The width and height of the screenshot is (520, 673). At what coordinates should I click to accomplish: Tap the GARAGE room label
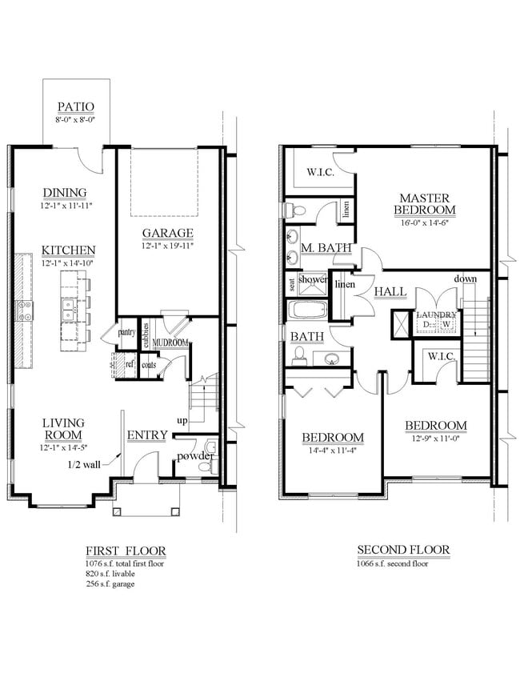(x=168, y=233)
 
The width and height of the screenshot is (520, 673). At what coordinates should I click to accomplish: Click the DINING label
(x=64, y=193)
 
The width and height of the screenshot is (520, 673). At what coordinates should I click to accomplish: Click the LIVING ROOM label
(x=64, y=429)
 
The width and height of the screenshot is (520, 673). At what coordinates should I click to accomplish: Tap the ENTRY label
(x=147, y=435)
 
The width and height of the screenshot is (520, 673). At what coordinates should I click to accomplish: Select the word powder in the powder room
(x=195, y=456)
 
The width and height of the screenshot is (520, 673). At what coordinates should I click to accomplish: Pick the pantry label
(x=126, y=331)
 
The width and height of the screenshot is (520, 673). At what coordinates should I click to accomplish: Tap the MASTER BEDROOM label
(x=424, y=204)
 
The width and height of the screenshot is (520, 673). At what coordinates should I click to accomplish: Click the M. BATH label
(x=326, y=249)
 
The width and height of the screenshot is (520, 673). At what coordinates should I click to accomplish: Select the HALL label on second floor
(x=390, y=292)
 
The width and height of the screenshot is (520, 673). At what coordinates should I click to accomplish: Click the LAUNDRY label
(x=436, y=315)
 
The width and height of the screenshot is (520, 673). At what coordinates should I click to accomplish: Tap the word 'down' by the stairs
(x=466, y=278)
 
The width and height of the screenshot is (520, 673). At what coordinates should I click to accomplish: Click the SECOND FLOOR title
(x=402, y=550)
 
